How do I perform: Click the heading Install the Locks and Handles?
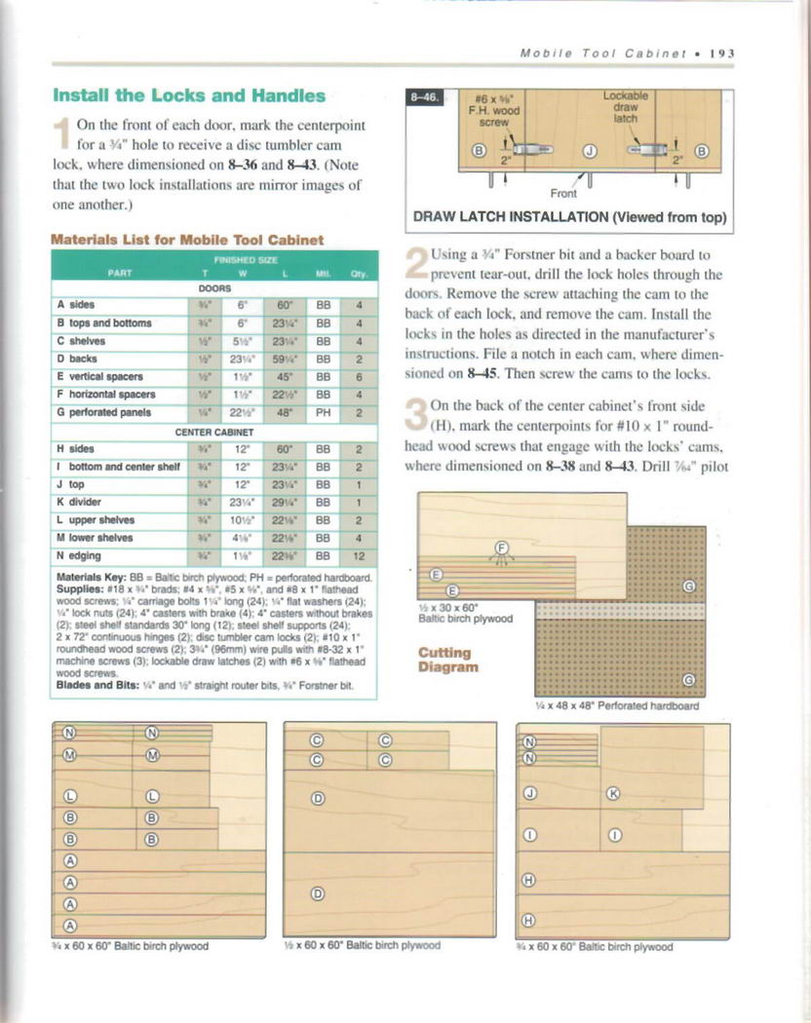(x=188, y=95)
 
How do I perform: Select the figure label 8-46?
(x=426, y=97)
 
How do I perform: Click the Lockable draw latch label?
(x=625, y=106)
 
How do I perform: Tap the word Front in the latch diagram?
(x=564, y=193)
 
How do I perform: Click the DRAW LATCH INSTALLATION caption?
(x=571, y=217)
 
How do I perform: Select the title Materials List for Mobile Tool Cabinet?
(x=187, y=239)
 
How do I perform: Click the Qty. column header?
(x=358, y=273)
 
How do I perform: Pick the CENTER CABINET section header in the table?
(x=213, y=431)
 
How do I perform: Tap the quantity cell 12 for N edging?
(x=358, y=555)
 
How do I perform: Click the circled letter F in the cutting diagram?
(x=503, y=548)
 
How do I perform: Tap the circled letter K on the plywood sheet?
(x=613, y=794)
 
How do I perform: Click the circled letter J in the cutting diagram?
(x=529, y=793)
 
